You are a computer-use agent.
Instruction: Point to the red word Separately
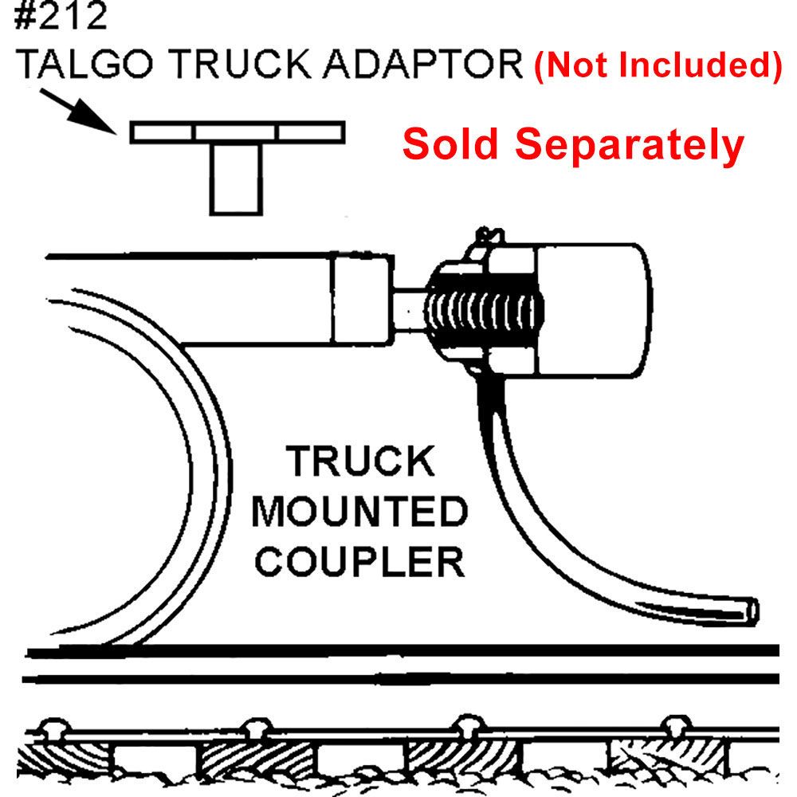click(630, 145)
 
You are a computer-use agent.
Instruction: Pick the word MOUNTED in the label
click(359, 512)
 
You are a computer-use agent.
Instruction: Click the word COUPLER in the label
click(363, 561)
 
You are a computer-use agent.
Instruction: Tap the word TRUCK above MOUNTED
click(361, 462)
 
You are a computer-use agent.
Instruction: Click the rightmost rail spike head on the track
click(674, 727)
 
